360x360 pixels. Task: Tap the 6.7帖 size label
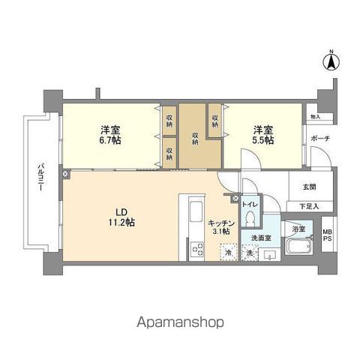coord(110,139)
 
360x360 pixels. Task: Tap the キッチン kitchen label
coord(223,223)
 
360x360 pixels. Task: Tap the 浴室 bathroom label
coord(298,229)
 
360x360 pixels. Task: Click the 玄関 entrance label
coord(309,187)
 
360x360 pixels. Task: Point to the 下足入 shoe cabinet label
coord(308,205)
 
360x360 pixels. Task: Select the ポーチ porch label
coord(320,139)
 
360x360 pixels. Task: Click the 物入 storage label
coord(316,118)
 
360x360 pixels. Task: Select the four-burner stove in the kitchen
coord(196,247)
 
